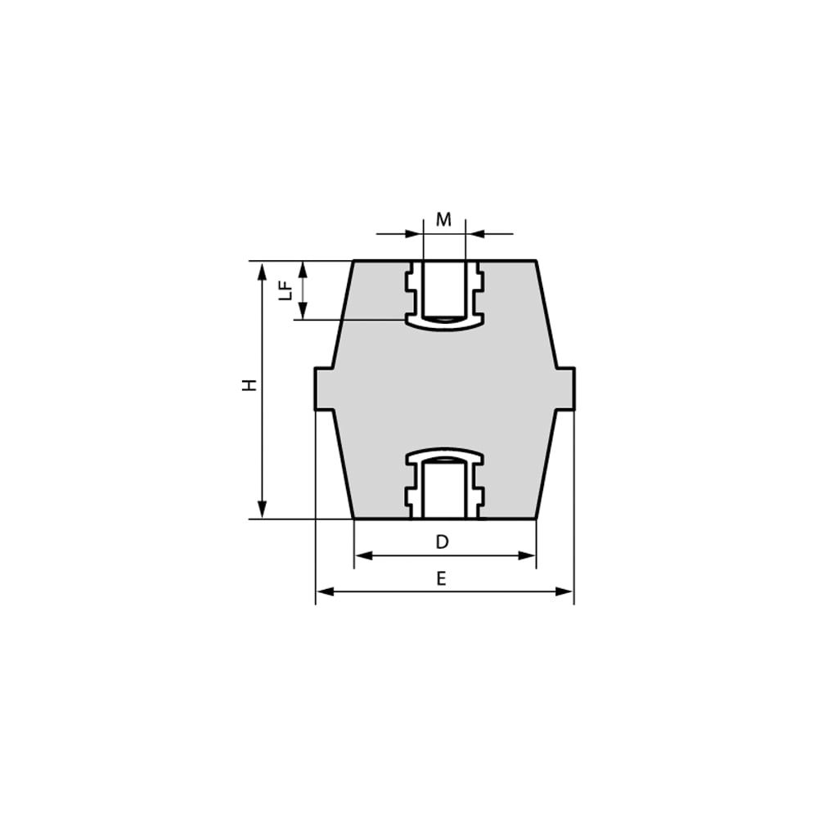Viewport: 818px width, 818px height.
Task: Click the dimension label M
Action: point(443,219)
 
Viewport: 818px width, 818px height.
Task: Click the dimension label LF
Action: point(285,290)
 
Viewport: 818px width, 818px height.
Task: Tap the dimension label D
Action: point(442,542)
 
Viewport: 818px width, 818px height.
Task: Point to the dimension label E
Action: point(442,578)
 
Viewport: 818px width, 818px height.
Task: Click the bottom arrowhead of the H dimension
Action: point(262,509)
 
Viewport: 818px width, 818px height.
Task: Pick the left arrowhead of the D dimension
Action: point(364,555)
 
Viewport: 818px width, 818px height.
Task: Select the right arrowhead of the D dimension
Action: point(527,555)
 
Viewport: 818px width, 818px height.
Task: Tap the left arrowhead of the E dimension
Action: point(326,591)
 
